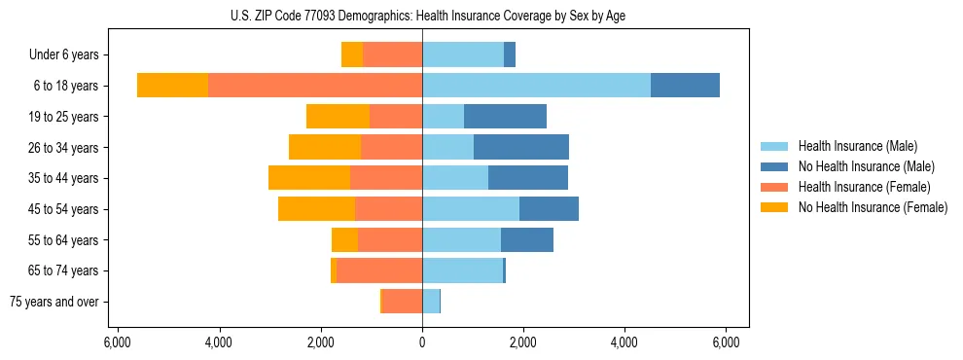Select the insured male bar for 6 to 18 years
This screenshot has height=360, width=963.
(x=536, y=86)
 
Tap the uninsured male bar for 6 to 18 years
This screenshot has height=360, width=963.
(x=685, y=86)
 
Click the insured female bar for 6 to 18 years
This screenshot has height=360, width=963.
(x=315, y=86)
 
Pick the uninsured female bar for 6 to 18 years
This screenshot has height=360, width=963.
(x=172, y=86)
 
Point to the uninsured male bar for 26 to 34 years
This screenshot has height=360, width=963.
(x=521, y=147)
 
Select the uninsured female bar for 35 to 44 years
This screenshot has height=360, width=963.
(x=309, y=178)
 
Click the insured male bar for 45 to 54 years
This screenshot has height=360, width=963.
(x=471, y=208)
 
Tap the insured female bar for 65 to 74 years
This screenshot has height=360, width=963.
(x=379, y=270)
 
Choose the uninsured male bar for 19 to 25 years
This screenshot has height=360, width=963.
(x=505, y=117)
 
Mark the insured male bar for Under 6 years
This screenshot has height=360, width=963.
(x=463, y=54)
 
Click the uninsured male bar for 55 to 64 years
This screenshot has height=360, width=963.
(x=527, y=239)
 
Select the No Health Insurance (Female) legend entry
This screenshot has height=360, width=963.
(x=872, y=207)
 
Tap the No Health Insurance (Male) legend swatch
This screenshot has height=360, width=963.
(x=774, y=166)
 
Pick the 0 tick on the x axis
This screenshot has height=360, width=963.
(x=422, y=342)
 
